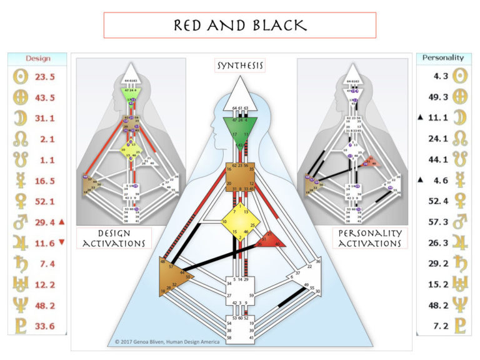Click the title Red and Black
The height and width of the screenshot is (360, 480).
point(239,25)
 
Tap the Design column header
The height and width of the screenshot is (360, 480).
point(37,59)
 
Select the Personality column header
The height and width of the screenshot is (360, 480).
point(443,58)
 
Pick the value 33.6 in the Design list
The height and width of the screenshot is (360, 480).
point(43,326)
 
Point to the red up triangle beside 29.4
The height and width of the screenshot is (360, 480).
point(62,222)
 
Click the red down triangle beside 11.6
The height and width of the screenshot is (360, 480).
point(62,242)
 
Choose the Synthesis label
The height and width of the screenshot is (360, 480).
point(240,66)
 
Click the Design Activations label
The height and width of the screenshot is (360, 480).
point(113,237)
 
